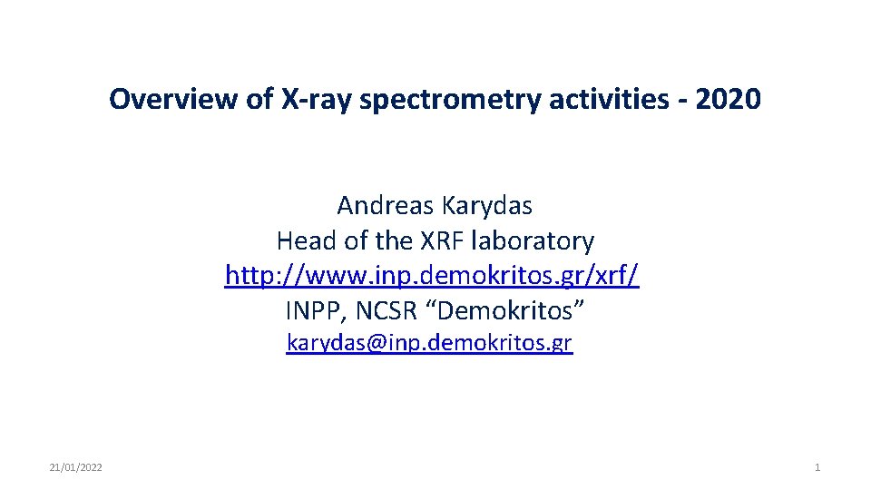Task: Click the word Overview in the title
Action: tap(164, 99)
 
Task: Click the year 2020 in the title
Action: tap(730, 99)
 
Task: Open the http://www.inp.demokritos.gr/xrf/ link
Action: tap(432, 276)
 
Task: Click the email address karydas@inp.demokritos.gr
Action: tap(429, 343)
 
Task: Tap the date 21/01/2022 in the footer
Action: tap(75, 467)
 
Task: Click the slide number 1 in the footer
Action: tap(817, 467)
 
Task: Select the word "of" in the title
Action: tap(259, 99)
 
